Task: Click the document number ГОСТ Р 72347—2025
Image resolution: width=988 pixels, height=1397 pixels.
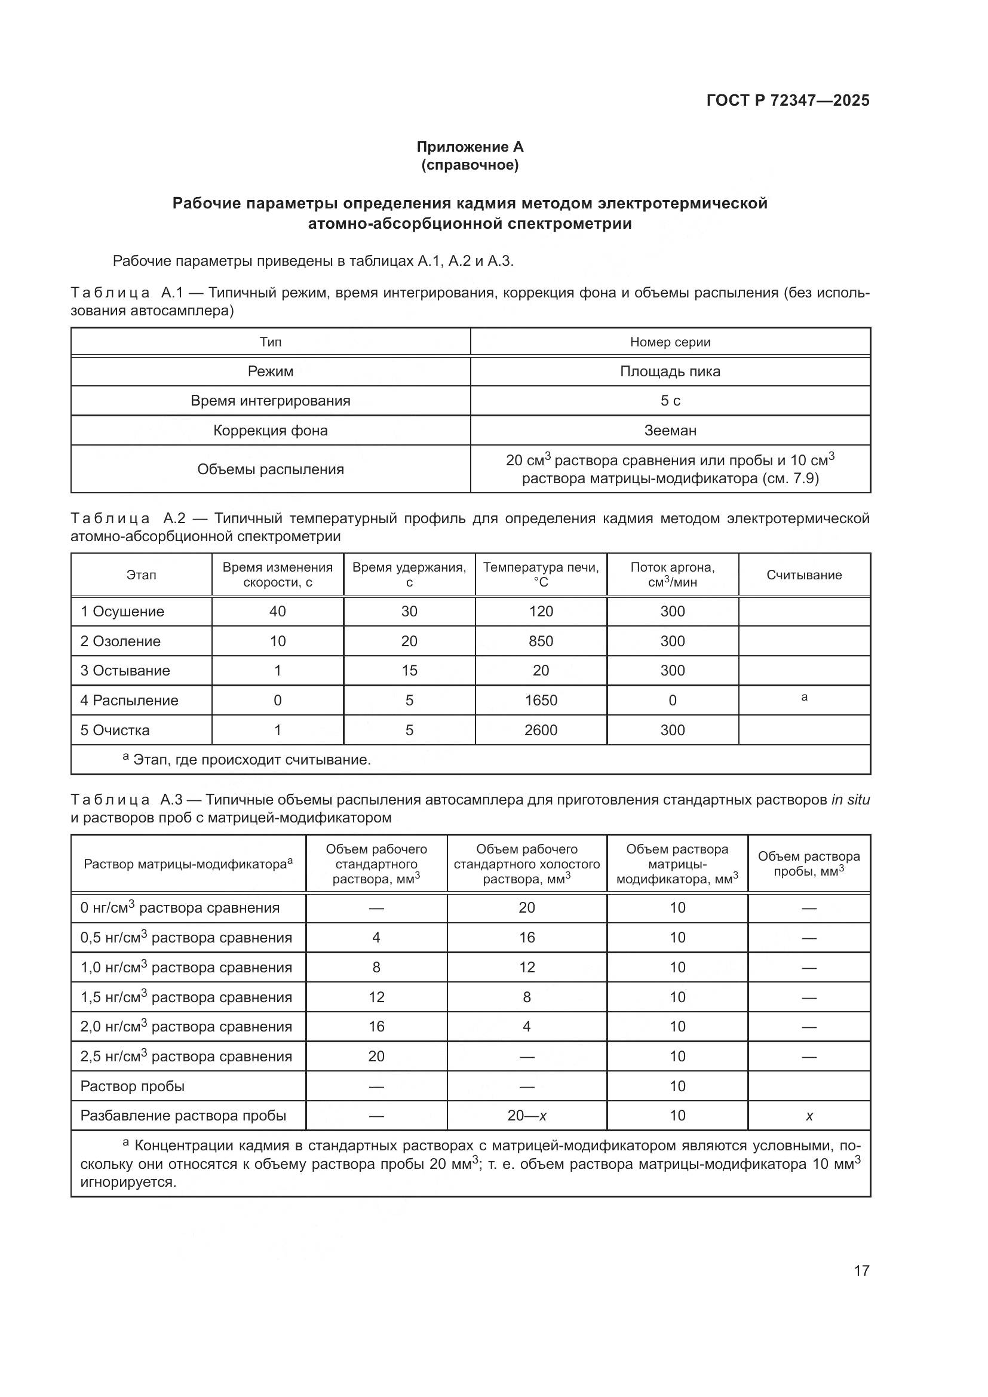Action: click(788, 100)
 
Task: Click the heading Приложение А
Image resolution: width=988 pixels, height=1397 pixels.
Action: click(470, 147)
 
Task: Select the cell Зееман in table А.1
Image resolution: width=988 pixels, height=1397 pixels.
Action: click(670, 431)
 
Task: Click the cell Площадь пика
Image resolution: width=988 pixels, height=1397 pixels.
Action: click(670, 371)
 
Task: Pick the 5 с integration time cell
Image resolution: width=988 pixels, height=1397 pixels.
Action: click(670, 401)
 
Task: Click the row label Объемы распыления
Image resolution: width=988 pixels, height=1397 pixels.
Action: click(270, 469)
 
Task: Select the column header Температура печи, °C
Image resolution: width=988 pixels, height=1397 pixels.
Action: click(540, 575)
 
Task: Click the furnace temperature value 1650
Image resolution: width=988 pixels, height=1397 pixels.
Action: click(540, 701)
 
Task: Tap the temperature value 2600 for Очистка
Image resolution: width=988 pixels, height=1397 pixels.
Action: click(540, 730)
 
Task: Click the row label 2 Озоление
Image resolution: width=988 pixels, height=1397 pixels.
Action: click(121, 641)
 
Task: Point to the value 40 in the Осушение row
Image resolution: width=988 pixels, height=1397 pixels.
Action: click(277, 612)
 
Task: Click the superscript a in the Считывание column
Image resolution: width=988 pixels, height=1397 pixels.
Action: click(803, 697)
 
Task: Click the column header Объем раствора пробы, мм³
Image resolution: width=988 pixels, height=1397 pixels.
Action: click(809, 864)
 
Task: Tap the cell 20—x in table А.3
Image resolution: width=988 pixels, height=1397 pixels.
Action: click(527, 1116)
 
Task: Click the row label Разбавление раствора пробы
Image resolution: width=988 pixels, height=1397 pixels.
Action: click(183, 1116)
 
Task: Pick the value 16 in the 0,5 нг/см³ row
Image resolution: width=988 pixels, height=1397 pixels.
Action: click(527, 938)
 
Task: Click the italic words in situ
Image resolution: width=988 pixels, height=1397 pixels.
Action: click(850, 800)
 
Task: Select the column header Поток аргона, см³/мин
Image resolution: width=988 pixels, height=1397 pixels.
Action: click(672, 575)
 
